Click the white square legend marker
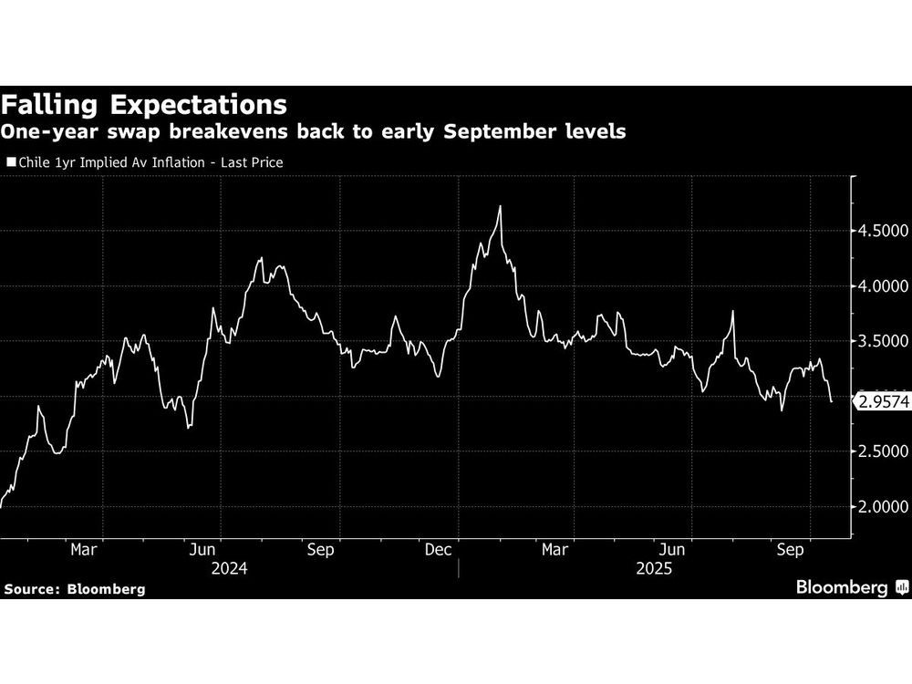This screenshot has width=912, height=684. [10, 162]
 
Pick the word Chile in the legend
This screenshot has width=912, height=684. [34, 162]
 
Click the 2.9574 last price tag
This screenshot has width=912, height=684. [881, 400]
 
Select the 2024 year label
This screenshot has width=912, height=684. [229, 568]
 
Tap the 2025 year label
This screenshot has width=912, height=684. [654, 568]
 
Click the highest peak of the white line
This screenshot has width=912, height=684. [501, 207]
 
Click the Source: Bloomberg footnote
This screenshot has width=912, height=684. [74, 589]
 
